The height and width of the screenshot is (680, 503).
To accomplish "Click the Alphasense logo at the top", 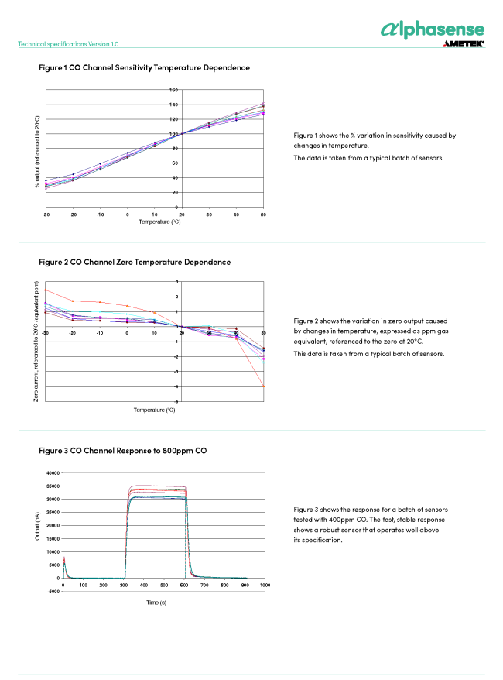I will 433,29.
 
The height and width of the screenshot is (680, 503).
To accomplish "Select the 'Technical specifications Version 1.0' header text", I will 68,44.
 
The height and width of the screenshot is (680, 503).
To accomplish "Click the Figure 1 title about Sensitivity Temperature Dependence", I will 144,68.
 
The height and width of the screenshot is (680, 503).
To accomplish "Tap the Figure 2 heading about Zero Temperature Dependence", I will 135,262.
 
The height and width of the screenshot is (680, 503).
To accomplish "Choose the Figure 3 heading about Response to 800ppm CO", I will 122,450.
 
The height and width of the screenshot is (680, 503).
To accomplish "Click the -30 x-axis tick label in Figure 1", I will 46,214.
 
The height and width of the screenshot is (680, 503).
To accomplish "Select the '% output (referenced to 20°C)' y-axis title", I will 36,152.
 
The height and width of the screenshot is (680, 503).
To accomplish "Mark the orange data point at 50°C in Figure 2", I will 264,386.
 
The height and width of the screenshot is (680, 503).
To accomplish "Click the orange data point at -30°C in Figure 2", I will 46,290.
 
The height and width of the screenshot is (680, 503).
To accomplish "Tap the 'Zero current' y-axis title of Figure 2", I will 36,341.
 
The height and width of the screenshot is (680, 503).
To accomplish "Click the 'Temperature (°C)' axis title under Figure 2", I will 154,410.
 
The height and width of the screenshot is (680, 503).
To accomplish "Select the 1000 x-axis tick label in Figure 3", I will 264,586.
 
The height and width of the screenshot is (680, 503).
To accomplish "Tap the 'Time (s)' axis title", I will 157,602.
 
